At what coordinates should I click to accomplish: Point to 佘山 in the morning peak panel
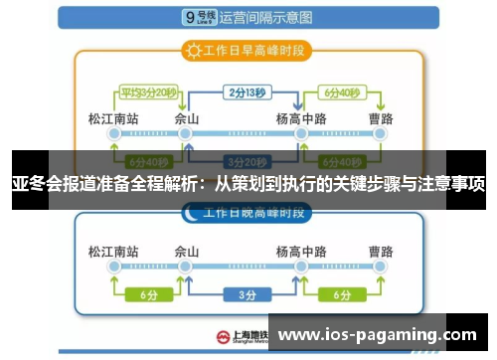click(x=187, y=117)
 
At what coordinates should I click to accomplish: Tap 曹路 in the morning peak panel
click(x=379, y=117)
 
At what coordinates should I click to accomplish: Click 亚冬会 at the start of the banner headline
click(x=35, y=185)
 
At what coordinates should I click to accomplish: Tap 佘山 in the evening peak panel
click(x=187, y=251)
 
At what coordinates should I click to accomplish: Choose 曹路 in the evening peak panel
click(x=379, y=251)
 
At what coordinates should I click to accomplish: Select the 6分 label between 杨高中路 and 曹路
click(x=341, y=295)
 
